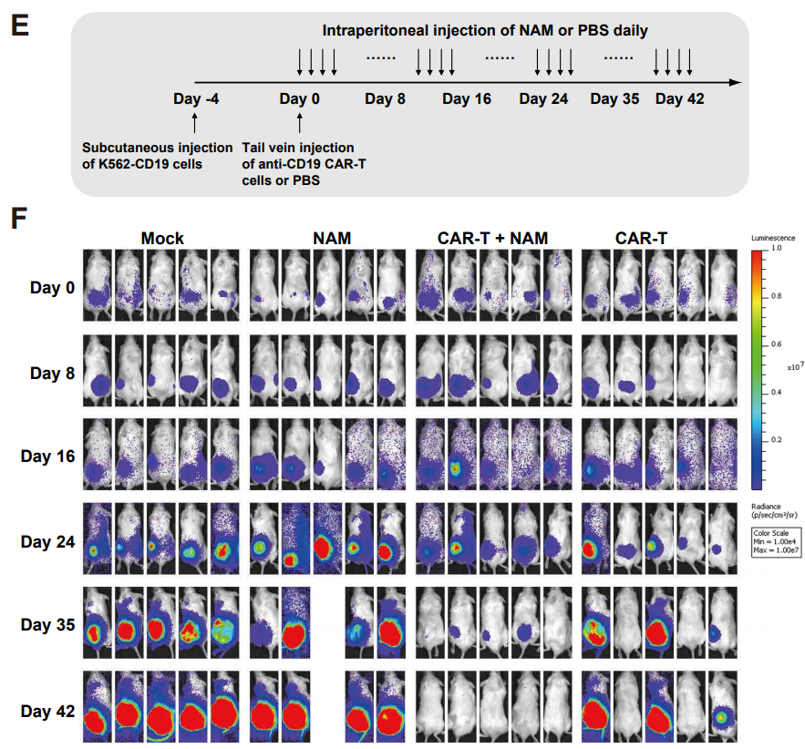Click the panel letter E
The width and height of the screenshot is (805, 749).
(19, 25)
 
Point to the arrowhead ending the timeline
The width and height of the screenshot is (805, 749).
(736, 82)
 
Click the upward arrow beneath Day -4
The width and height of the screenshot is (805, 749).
(196, 122)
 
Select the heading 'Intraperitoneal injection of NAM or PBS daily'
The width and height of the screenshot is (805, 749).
(485, 30)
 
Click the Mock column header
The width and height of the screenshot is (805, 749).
(162, 239)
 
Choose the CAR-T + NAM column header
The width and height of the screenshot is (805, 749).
(481, 239)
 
